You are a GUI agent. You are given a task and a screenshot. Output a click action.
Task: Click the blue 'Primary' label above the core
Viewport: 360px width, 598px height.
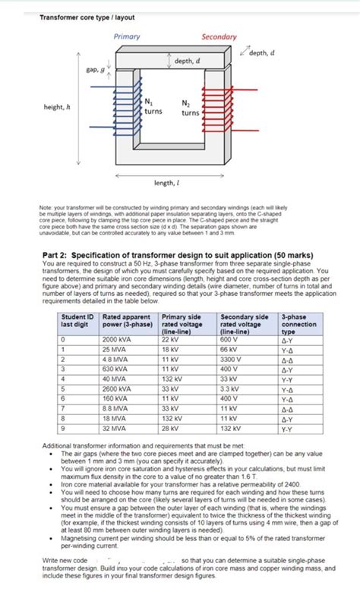(126, 37)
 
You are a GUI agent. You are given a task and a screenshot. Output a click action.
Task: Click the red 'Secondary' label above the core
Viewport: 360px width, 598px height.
(219, 37)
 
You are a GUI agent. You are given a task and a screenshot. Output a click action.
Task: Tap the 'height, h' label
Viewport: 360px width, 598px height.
(58, 107)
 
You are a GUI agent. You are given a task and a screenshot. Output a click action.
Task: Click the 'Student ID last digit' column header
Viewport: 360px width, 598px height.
(78, 320)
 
